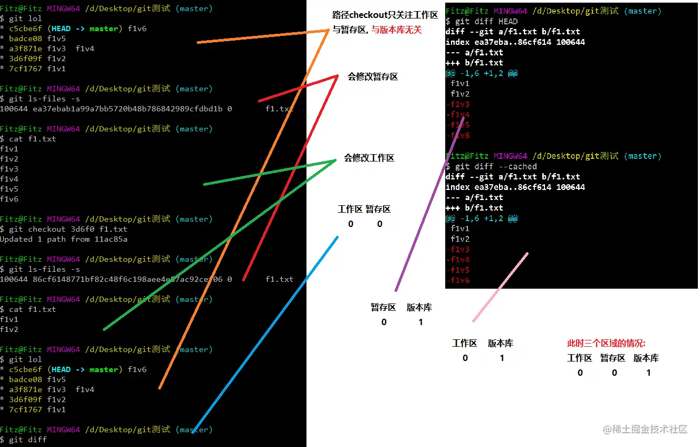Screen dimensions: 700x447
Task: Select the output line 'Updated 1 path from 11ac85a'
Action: (63, 239)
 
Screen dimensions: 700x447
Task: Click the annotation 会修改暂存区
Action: (372, 77)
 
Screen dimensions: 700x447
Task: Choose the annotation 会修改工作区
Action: (369, 158)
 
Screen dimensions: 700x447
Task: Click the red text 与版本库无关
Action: (397, 30)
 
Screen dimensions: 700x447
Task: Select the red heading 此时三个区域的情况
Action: (606, 343)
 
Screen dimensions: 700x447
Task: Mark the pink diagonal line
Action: (500, 288)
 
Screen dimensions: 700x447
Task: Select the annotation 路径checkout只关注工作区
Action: (385, 15)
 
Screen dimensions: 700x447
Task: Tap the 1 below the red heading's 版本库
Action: (648, 373)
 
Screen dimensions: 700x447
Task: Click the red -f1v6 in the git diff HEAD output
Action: (457, 136)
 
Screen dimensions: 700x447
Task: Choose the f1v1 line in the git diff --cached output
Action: (460, 229)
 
